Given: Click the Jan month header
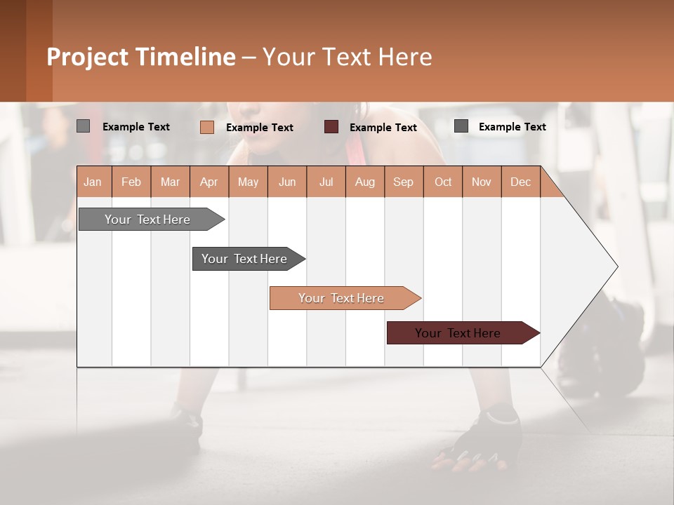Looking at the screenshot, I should pos(93,182).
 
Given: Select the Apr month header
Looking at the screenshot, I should pos(209,182).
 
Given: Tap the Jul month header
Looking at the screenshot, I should pos(326,182).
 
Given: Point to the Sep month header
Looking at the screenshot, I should pos(403,182).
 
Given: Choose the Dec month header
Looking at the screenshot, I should pos(520,182).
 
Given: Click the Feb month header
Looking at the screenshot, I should pos(131,182).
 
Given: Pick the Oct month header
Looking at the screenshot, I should pos(443,182).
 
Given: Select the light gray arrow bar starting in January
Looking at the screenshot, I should pos(147,220).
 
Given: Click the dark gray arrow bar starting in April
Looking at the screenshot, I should pos(245,259).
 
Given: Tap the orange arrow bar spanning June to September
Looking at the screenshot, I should pos(342,298).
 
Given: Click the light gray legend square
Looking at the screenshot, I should pos(83,126).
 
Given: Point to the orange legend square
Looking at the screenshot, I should pos(206,127).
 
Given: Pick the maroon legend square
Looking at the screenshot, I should pos(331,127).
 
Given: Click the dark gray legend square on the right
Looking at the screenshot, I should pos(461,126).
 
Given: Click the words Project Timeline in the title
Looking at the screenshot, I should pos(141,57).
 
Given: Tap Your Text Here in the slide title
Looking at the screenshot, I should pos(348,57).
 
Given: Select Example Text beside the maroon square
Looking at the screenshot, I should pos(383,128).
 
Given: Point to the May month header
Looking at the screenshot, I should pos(248,182).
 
